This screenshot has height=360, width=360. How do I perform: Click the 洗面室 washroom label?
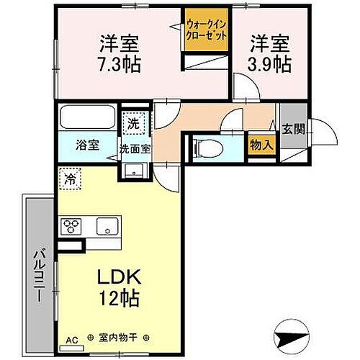coord(135,149)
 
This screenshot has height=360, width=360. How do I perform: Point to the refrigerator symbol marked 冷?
coord(71,176)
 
